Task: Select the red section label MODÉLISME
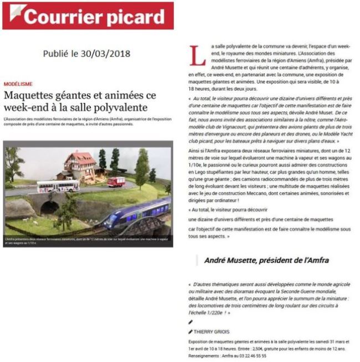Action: point(18,84)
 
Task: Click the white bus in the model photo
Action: point(58,185)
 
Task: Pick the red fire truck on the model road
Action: point(116,181)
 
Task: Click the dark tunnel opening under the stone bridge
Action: point(49,207)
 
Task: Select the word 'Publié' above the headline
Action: point(56,53)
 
